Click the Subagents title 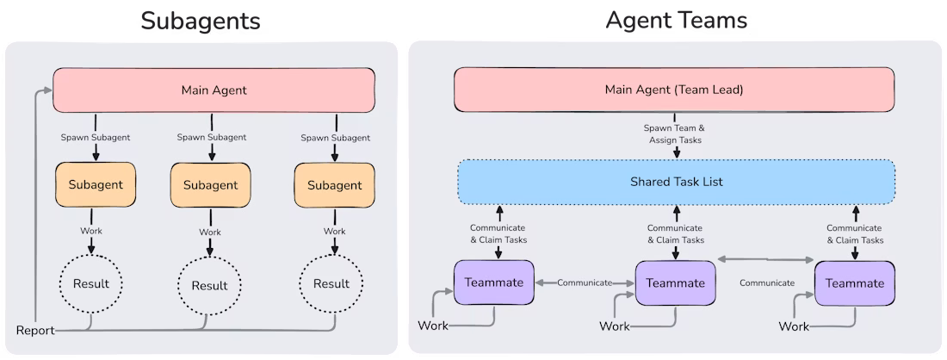(x=201, y=20)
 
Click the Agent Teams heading (x=676, y=20)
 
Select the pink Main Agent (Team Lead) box (x=674, y=89)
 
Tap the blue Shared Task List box (x=676, y=182)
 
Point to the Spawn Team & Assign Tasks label (x=676, y=133)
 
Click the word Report (x=35, y=330)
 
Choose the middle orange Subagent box (x=210, y=184)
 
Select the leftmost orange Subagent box (x=96, y=184)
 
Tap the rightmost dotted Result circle (x=331, y=283)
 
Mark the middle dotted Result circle (x=209, y=285)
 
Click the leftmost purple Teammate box (x=493, y=282)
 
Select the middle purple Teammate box (x=675, y=282)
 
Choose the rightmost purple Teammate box (x=854, y=282)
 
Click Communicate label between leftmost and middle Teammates (x=585, y=282)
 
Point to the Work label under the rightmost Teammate (x=794, y=326)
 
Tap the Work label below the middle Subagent (x=210, y=232)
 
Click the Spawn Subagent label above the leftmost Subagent (x=95, y=136)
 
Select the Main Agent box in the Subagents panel (x=214, y=90)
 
